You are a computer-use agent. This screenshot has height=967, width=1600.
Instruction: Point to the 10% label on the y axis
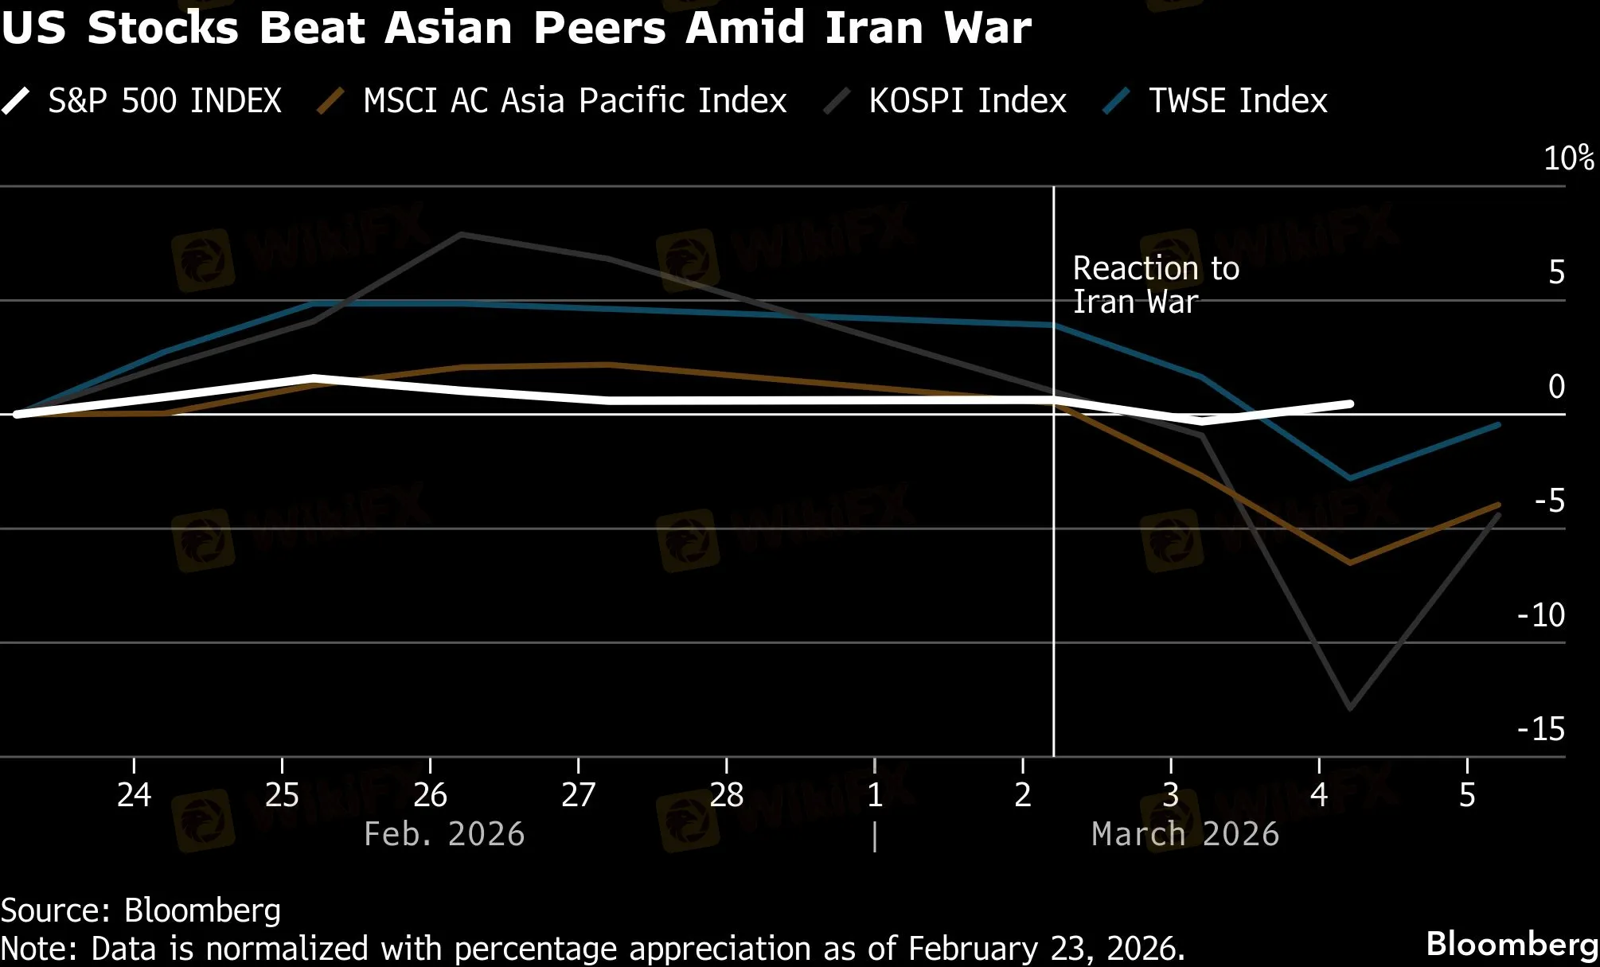click(x=1568, y=158)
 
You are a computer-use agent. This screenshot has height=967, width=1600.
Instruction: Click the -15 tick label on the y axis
click(x=1541, y=729)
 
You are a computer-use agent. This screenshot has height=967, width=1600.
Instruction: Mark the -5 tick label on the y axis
click(x=1549, y=501)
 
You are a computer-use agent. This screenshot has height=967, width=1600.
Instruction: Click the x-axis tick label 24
click(x=134, y=795)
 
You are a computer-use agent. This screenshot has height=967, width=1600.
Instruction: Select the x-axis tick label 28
click(x=726, y=795)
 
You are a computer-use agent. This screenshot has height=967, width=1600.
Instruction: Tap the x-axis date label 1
click(x=875, y=795)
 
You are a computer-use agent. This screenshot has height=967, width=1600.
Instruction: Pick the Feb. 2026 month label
click(x=444, y=834)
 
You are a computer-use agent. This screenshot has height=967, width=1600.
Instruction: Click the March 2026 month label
click(x=1185, y=834)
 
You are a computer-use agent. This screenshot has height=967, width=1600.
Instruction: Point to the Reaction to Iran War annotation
click(x=1155, y=285)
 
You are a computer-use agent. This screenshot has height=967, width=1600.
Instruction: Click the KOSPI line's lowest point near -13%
click(x=1350, y=708)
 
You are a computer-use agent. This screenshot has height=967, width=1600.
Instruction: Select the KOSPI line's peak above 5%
click(x=462, y=235)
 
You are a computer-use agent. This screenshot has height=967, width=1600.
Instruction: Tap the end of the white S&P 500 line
click(x=1350, y=404)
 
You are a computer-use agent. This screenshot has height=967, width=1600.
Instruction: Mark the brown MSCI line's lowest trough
click(x=1349, y=562)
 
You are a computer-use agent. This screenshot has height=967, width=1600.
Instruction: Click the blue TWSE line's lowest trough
click(x=1349, y=478)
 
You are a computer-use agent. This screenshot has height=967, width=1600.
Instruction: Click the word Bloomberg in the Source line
click(x=202, y=910)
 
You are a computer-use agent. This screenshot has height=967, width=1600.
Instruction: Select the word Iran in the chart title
click(x=874, y=28)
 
